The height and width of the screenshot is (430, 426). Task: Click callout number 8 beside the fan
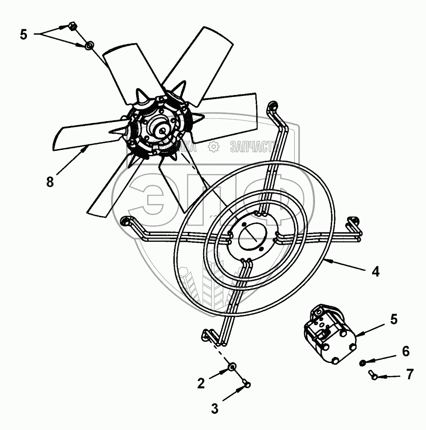point(50,181)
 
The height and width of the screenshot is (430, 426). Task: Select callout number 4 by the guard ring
point(375,272)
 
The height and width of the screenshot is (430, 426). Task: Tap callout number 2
point(201,383)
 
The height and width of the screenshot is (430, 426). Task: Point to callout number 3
point(215,409)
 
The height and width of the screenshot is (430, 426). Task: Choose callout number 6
point(405,351)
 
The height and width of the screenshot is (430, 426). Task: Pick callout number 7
point(409,375)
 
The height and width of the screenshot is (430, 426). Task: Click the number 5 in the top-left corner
point(24,34)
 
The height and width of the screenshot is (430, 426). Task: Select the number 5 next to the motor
point(394,319)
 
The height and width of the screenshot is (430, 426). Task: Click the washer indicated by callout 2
point(232,367)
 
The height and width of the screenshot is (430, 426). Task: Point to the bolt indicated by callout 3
point(246,384)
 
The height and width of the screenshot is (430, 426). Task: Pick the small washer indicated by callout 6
point(363,363)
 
